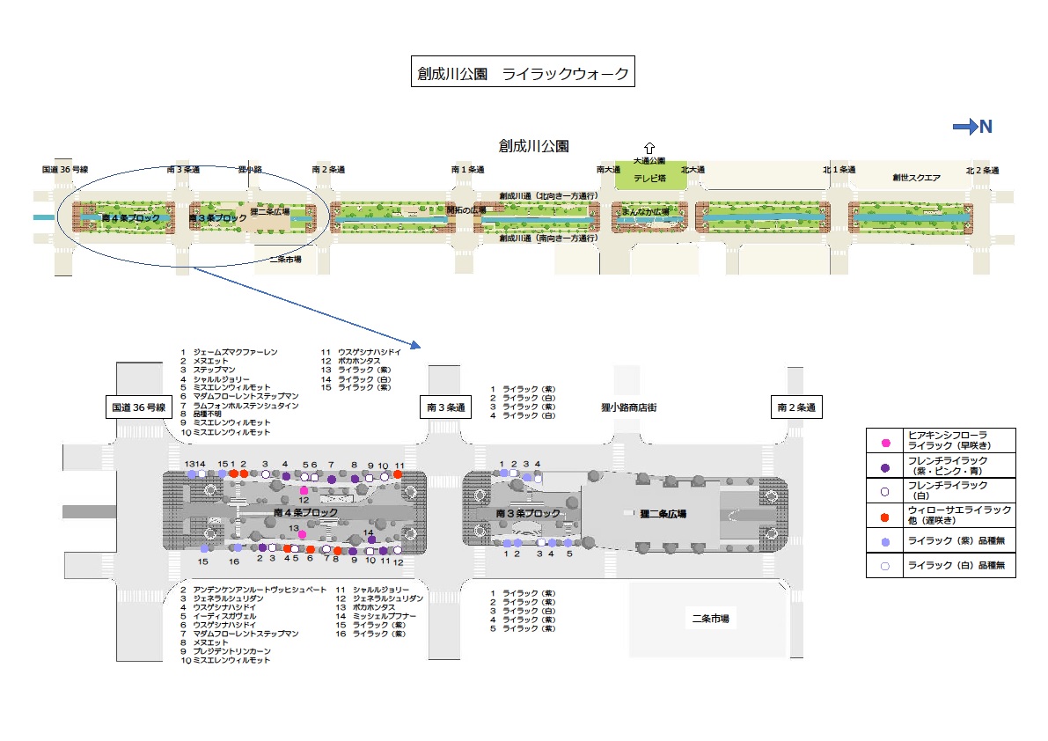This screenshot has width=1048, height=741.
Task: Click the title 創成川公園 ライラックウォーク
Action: coord(523,73)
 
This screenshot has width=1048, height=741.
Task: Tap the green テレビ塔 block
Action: coord(649,177)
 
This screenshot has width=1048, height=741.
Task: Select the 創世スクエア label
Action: coord(916,178)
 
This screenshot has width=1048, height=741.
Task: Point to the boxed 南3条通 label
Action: coord(444,407)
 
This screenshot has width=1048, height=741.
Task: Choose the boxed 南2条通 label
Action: coord(795,407)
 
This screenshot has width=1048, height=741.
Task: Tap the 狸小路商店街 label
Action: coord(622,407)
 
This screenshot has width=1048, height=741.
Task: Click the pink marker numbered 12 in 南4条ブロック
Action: coord(304,490)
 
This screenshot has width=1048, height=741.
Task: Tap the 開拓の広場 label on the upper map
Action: coord(466,211)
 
